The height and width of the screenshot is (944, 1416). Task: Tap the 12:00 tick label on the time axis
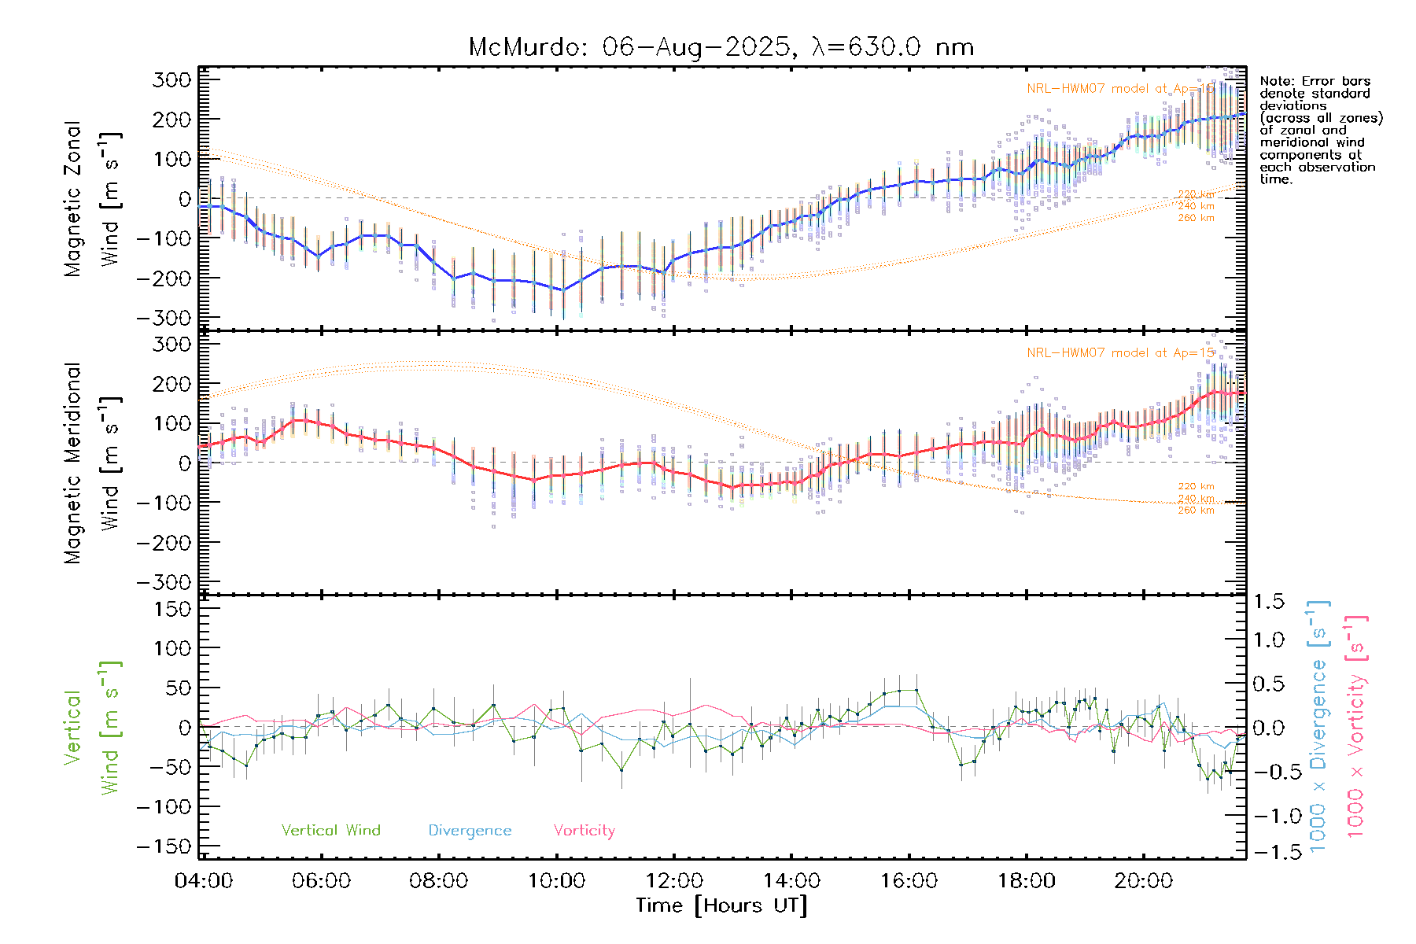click(674, 881)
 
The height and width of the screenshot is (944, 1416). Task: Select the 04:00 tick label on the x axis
click(203, 881)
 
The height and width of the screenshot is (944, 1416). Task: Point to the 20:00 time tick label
click(1143, 881)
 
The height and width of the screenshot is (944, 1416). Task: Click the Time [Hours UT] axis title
click(721, 906)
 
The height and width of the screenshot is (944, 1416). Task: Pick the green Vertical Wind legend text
click(330, 831)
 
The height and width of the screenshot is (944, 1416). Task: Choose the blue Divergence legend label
click(470, 831)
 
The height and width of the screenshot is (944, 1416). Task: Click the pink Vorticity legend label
click(584, 831)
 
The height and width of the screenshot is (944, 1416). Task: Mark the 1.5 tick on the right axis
click(1268, 602)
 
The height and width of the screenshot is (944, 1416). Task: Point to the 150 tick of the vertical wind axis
click(172, 609)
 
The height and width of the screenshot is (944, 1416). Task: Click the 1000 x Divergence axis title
click(1318, 726)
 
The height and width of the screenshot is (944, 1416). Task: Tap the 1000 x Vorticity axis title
click(1356, 726)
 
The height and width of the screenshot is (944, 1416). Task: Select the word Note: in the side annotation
click(1278, 82)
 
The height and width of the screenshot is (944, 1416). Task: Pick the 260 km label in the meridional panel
click(1196, 511)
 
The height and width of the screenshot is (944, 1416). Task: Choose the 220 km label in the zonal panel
click(1196, 194)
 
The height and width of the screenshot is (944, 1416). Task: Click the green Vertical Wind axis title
click(91, 727)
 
